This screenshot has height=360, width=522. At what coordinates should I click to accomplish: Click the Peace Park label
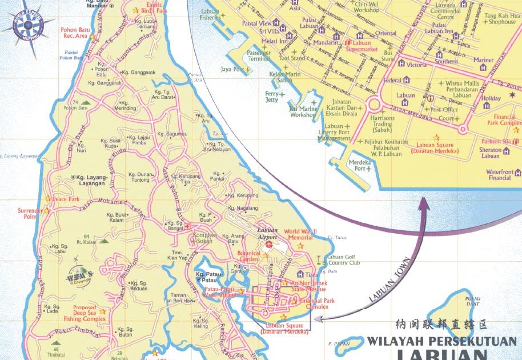66,199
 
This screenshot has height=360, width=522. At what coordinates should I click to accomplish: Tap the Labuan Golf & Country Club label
344,260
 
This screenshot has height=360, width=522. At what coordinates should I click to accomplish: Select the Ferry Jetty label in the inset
272,97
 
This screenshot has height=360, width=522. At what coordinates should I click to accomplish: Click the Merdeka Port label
360,165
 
